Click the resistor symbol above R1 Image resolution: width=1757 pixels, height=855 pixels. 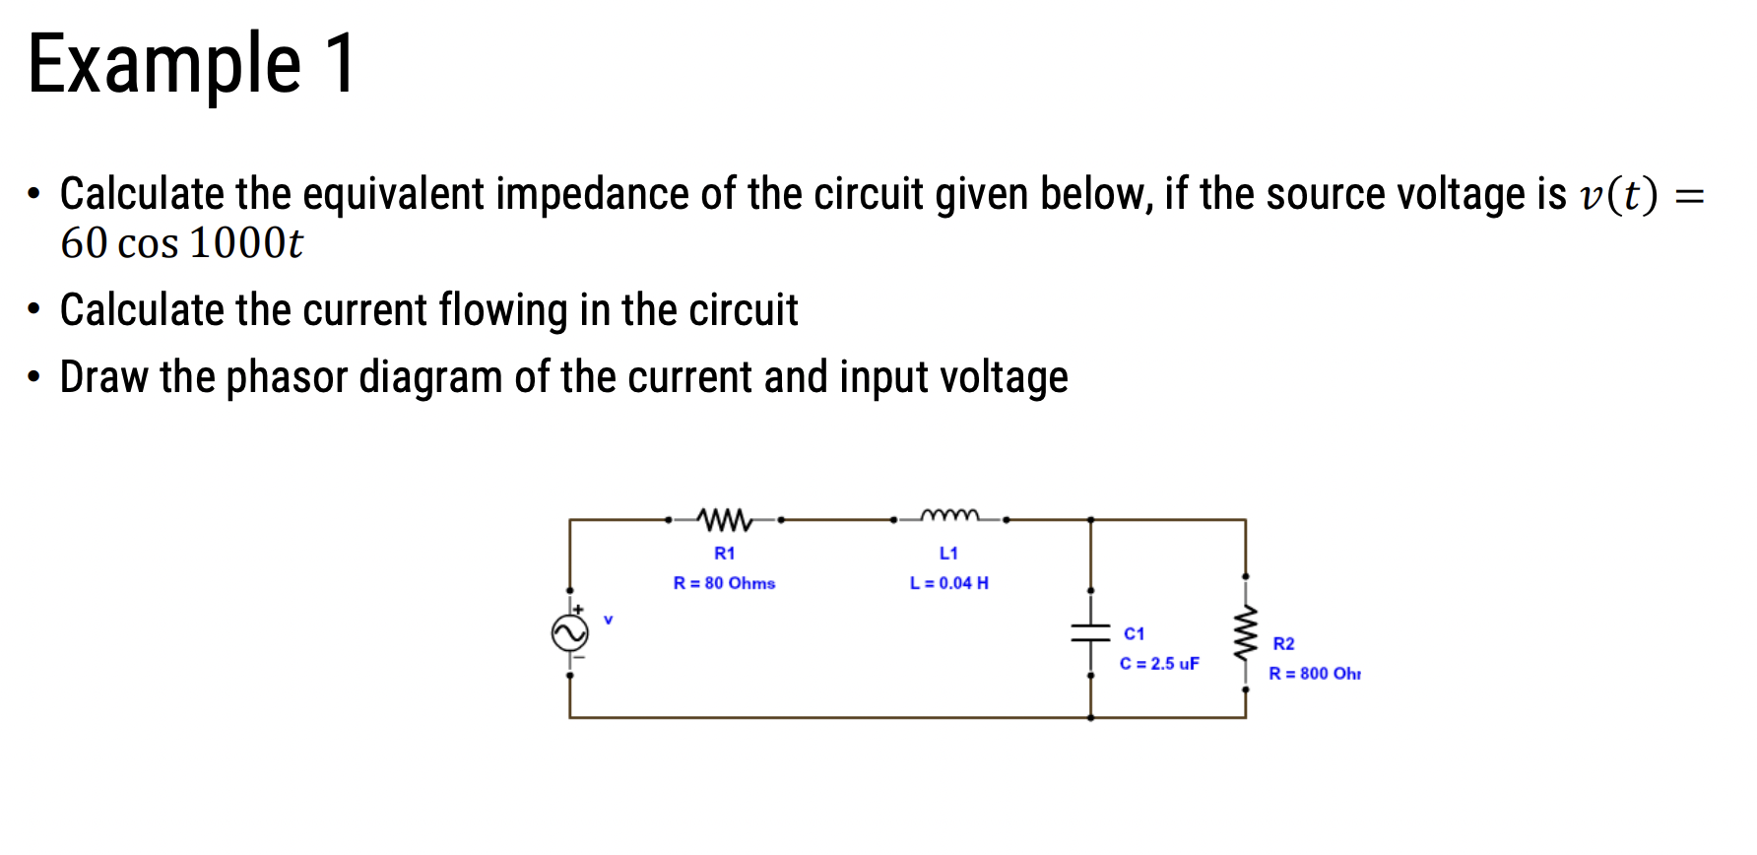724,518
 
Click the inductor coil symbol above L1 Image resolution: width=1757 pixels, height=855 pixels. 949,515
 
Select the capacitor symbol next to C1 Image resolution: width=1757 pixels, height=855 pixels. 1090,632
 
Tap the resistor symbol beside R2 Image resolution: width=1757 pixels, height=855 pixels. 1246,632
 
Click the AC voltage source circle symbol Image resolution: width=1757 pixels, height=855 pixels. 570,632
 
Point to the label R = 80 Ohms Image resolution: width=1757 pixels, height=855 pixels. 724,583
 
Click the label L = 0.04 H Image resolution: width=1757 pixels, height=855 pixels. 948,583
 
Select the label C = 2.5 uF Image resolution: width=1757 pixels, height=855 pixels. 1159,664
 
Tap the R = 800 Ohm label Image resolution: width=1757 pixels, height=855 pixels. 1314,674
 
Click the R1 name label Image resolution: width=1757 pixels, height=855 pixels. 724,554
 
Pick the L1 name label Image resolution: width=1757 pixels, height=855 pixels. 948,554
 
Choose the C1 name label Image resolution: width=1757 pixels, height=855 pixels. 1134,633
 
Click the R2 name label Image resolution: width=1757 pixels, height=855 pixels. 1283,644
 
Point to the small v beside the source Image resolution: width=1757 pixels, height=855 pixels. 608,620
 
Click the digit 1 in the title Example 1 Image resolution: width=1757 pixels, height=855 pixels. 341,64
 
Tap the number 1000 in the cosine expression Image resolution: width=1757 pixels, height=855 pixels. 237,243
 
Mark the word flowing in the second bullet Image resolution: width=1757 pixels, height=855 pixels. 502,311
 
